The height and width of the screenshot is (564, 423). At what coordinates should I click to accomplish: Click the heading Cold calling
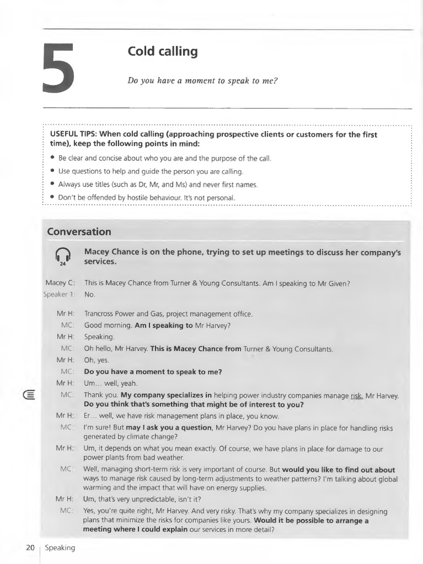(x=162, y=52)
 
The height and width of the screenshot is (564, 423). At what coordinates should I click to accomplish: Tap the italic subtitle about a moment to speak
(x=203, y=80)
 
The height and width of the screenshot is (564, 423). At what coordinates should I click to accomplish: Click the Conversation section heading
(x=79, y=232)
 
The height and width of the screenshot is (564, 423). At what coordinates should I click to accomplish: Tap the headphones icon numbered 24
(x=63, y=256)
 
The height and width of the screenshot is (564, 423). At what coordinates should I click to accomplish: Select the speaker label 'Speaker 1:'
(x=58, y=294)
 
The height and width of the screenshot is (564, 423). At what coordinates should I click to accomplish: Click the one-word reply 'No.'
(x=90, y=294)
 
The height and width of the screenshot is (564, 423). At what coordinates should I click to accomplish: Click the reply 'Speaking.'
(x=99, y=337)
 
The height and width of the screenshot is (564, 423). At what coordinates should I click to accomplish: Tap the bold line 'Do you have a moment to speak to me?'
(x=153, y=372)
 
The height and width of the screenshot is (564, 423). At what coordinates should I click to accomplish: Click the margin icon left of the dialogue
(x=29, y=395)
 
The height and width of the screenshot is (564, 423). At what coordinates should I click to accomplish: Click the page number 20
(x=30, y=547)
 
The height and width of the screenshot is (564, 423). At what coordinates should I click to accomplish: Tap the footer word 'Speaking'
(x=59, y=547)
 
